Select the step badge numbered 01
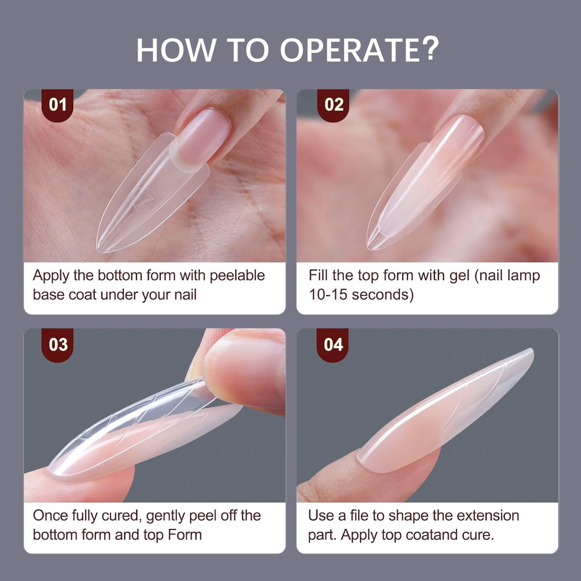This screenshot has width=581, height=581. [x=57, y=105]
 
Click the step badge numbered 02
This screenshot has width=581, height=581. [x=334, y=105]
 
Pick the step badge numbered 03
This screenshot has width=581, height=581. [x=57, y=345]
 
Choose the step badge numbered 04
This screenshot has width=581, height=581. [x=333, y=345]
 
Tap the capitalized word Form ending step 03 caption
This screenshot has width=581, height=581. [x=184, y=535]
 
